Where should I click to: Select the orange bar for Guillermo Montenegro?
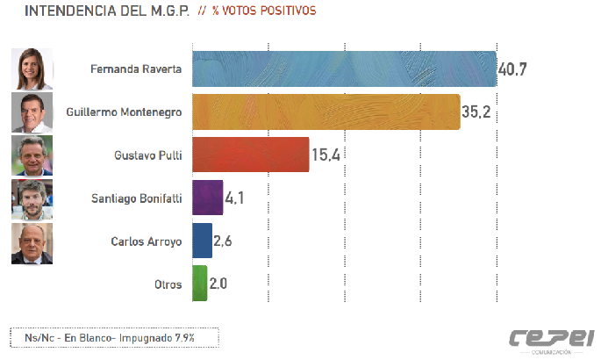[325, 112]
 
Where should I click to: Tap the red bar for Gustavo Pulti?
[250, 155]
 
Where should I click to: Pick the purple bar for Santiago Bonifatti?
[206, 198]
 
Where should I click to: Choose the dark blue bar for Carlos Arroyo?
[201, 241]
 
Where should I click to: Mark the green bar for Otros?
[199, 284]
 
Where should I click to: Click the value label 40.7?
[512, 69]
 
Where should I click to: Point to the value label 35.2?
[476, 112]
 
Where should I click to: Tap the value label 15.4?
[325, 155]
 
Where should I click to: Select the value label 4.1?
[233, 198]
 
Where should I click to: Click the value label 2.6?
[222, 241]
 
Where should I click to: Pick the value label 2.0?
[218, 284]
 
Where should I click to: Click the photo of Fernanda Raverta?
[32, 69]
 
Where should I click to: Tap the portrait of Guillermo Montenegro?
[32, 112]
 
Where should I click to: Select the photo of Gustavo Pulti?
[32, 155]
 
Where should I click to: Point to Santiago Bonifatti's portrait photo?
[32, 198]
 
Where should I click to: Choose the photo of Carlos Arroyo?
[32, 242]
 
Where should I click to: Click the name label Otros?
[167, 284]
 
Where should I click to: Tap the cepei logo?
[553, 338]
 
